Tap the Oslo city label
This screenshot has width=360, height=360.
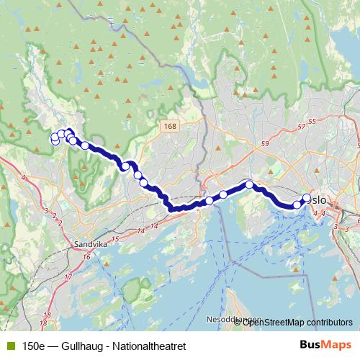318,200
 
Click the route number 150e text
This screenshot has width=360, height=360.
33,346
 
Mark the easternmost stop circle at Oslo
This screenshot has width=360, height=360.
307,198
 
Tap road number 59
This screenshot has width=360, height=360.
266,145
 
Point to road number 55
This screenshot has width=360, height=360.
312,120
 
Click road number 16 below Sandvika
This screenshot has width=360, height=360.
86,256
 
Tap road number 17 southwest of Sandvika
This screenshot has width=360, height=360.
69,277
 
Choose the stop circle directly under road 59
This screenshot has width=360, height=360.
249,185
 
